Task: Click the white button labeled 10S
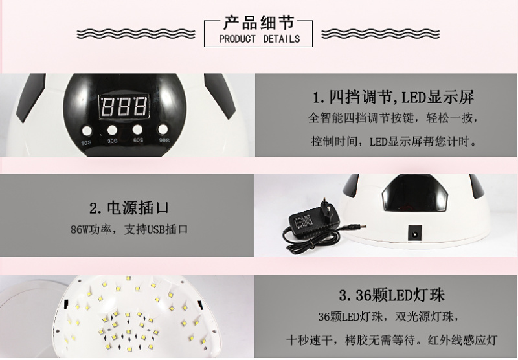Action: pos(87,131)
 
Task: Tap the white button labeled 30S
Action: pos(112,129)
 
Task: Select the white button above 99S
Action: pos(163,129)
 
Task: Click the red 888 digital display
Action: pos(124,106)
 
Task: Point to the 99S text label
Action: pos(164,141)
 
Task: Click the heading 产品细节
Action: pos(258,23)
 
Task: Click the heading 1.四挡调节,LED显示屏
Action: pos(393,97)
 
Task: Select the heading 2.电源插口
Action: pos(129,208)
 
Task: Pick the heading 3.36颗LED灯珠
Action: pos(392,295)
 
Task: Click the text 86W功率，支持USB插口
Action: pos(129,229)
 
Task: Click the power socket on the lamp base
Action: pos(415,233)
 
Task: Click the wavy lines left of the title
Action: pos(136,34)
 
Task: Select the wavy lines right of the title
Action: pos(381,34)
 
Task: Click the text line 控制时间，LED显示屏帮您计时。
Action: pos(394,142)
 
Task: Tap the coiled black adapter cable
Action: pos(311,237)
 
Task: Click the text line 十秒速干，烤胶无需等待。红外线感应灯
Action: pos(392,340)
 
